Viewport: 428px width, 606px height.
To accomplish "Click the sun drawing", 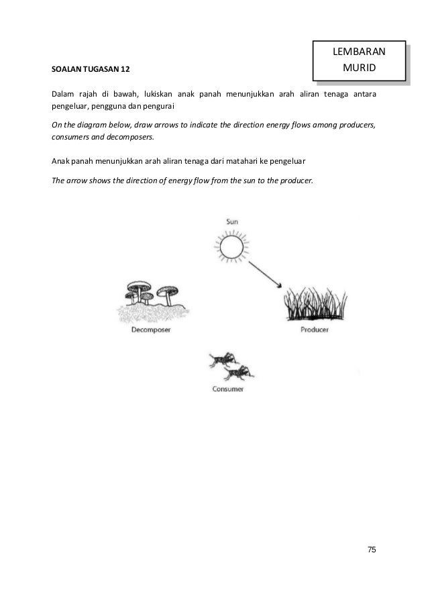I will click(231, 246).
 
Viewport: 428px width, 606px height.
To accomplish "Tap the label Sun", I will click(232, 221).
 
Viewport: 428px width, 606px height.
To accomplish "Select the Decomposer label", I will click(148, 330).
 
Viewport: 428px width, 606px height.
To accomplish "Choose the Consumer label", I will click(227, 389).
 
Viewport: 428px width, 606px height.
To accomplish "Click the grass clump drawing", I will click(313, 306).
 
